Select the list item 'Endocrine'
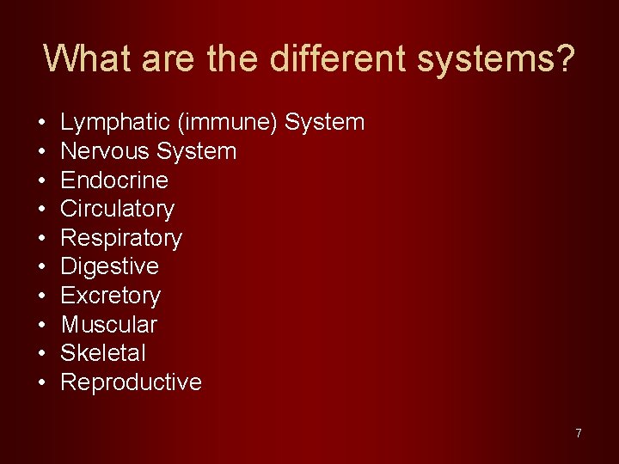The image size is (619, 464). (x=114, y=180)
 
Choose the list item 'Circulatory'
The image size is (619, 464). (x=117, y=209)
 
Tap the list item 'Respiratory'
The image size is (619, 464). (x=121, y=238)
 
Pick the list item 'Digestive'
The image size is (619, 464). (x=109, y=266)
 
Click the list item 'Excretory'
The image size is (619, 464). (x=110, y=296)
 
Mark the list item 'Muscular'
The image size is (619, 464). (x=108, y=325)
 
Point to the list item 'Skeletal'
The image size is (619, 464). (x=103, y=353)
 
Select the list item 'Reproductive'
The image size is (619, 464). (x=131, y=382)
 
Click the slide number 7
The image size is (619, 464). (x=579, y=433)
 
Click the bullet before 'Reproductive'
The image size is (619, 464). (x=42, y=382)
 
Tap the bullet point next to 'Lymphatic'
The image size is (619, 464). (x=42, y=123)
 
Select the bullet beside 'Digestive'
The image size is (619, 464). (x=42, y=266)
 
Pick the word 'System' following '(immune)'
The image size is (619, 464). (x=325, y=123)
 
